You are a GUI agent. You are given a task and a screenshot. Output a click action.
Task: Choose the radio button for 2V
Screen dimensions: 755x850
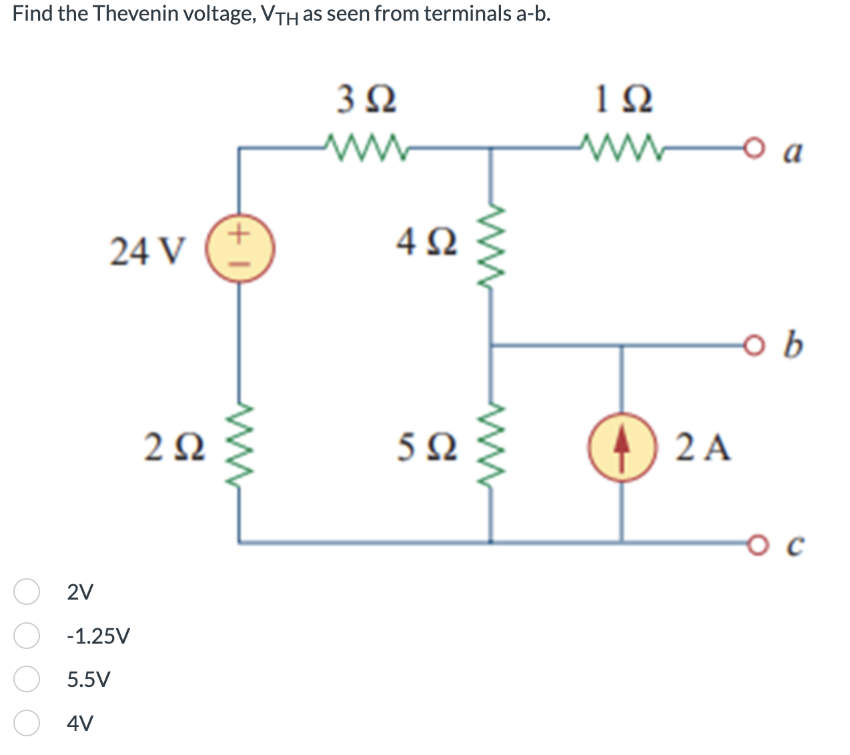(27, 592)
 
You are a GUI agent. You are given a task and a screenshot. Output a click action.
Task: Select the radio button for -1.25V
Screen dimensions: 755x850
(27, 636)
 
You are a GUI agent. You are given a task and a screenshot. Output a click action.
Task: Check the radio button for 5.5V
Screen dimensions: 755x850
(27, 679)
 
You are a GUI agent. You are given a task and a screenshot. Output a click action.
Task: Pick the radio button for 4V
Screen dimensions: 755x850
(27, 723)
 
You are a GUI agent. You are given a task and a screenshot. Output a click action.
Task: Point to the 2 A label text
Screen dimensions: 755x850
(703, 447)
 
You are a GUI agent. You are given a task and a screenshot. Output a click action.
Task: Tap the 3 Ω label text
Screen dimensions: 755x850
(366, 100)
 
